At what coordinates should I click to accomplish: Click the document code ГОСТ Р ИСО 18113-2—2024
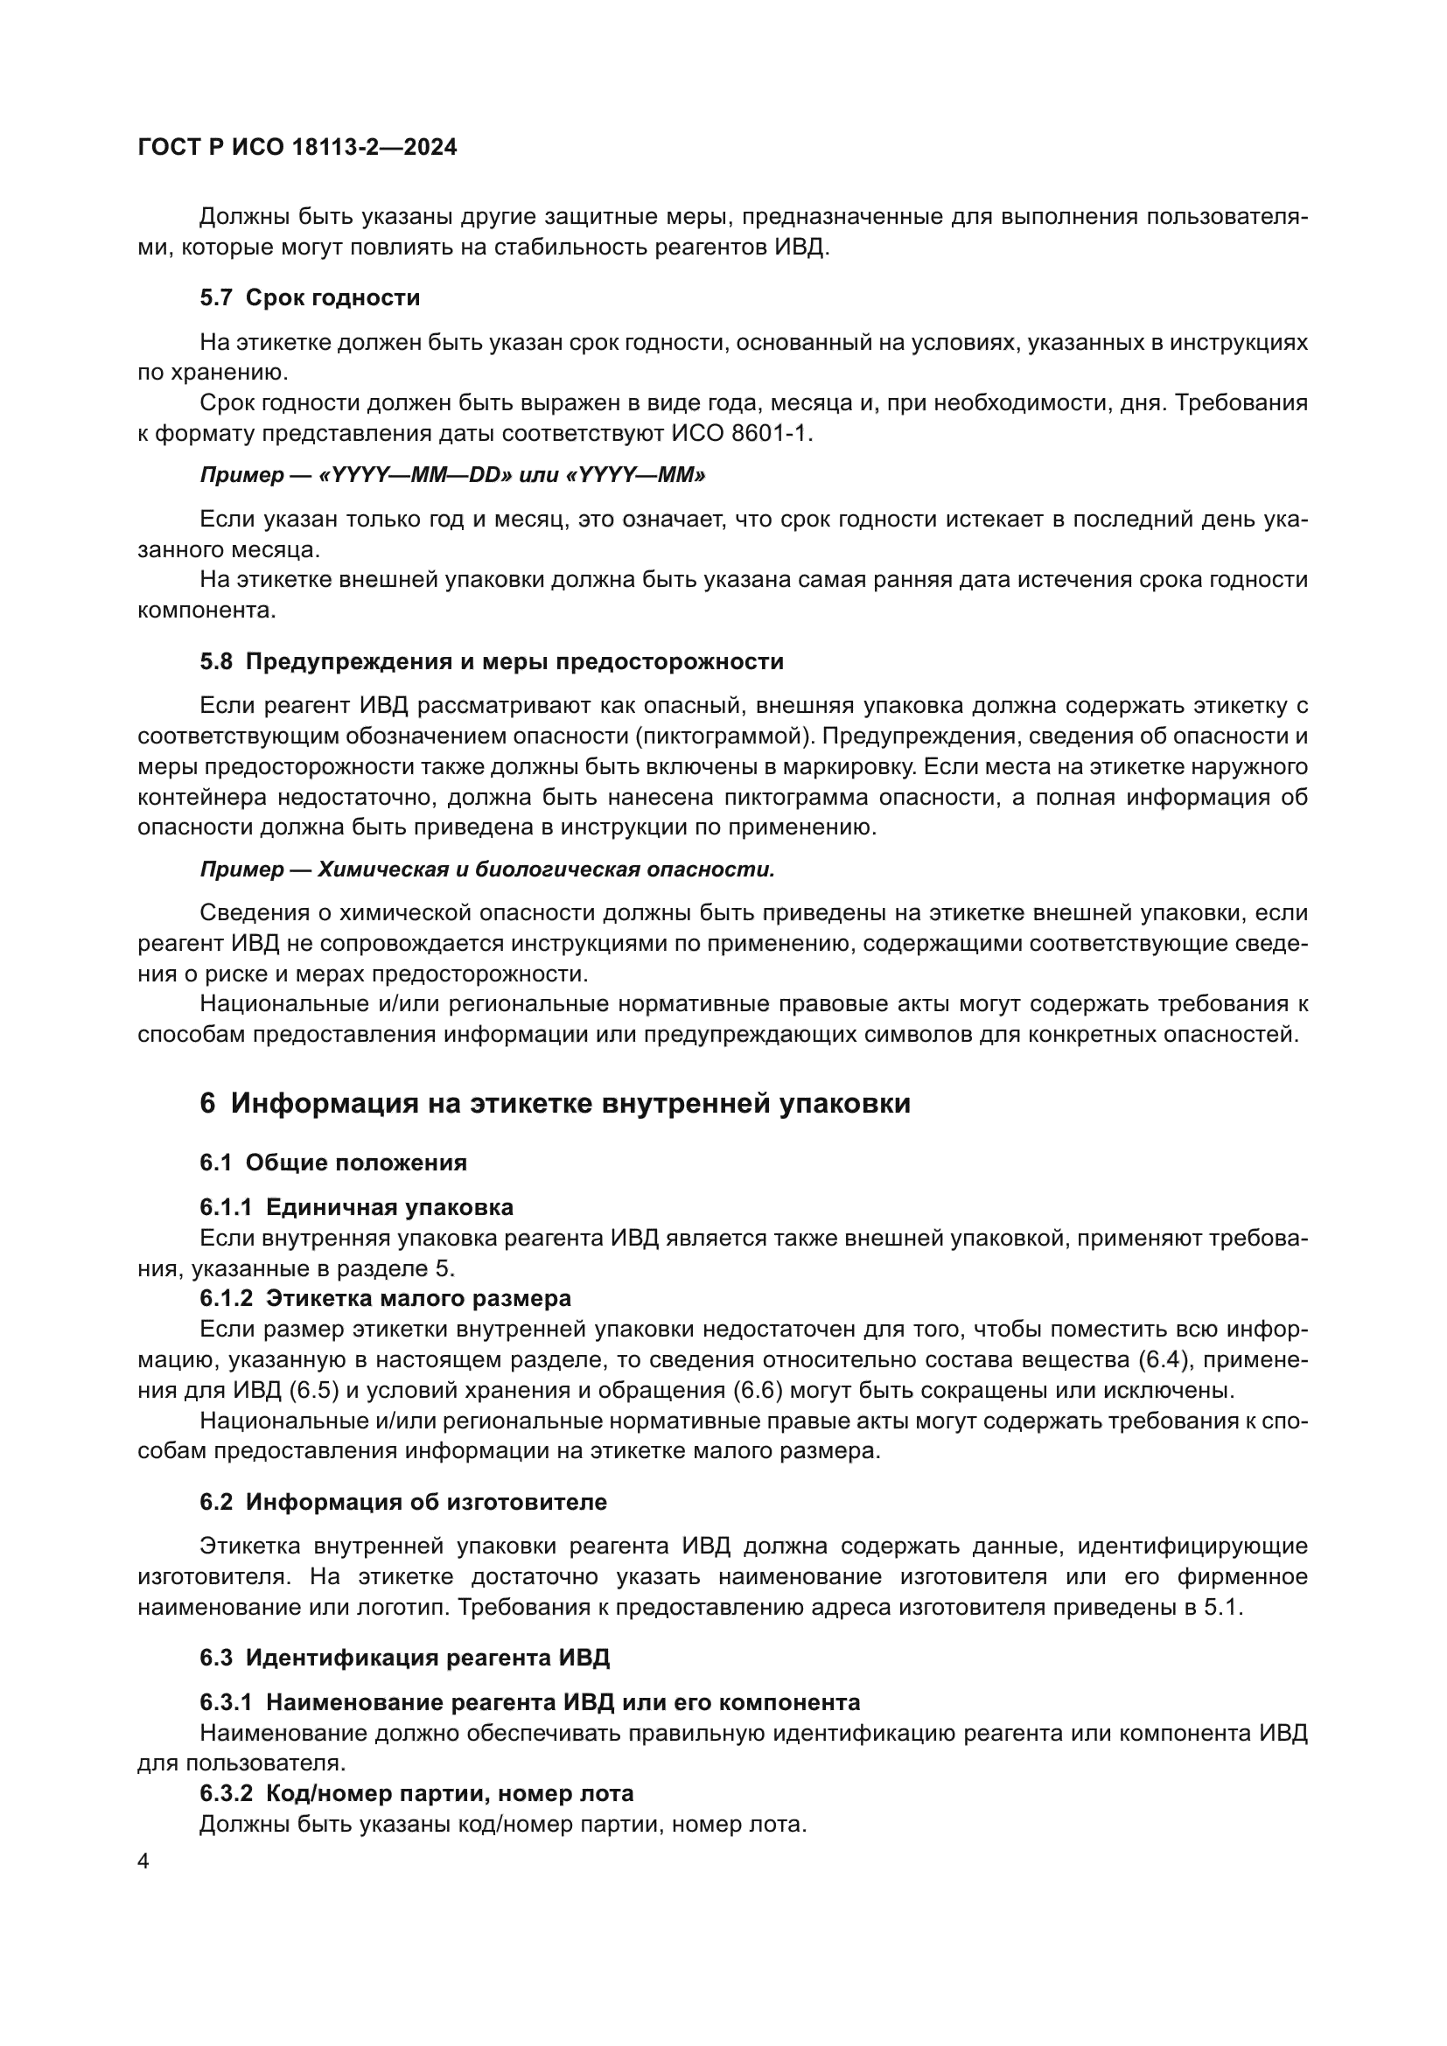pyautogui.click(x=297, y=148)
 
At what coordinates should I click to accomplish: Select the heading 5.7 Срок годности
pyautogui.click(x=309, y=297)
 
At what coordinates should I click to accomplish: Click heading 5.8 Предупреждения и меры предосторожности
pyautogui.click(x=491, y=662)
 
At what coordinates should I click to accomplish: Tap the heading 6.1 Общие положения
pyautogui.click(x=333, y=1163)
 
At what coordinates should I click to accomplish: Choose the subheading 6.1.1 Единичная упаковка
pyautogui.click(x=356, y=1207)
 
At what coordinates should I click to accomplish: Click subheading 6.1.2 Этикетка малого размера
pyautogui.click(x=385, y=1298)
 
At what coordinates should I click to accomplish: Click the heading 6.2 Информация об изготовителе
pyautogui.click(x=402, y=1503)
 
